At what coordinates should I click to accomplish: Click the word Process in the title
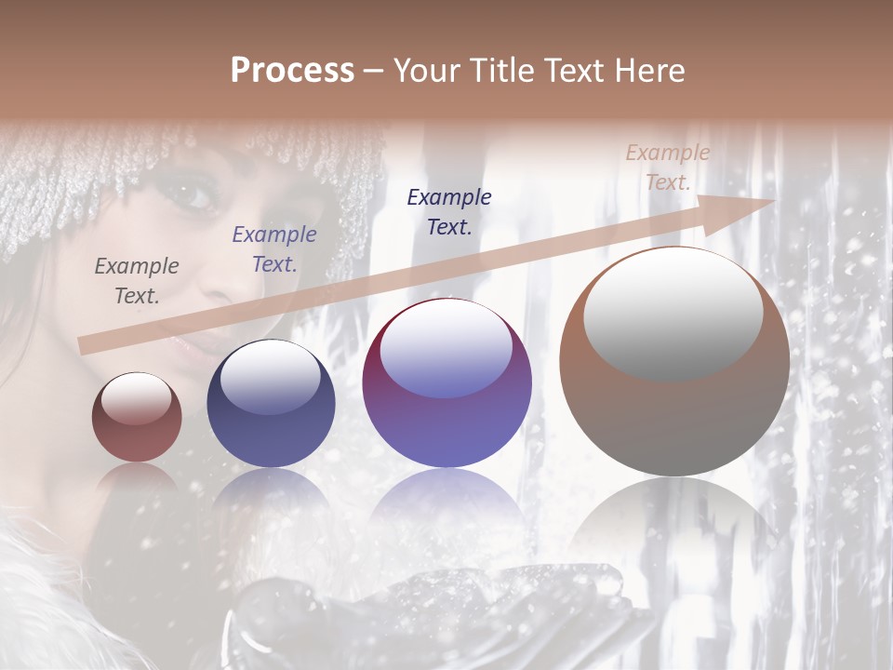pyautogui.click(x=292, y=71)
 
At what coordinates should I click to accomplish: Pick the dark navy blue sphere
pyautogui.click(x=271, y=405)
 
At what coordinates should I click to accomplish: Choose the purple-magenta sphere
pyautogui.click(x=446, y=383)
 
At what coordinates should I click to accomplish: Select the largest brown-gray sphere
pyautogui.click(x=674, y=363)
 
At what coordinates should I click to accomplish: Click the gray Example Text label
pyautogui.click(x=137, y=281)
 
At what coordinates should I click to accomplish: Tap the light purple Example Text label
pyautogui.click(x=274, y=249)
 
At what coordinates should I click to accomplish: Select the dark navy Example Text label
pyautogui.click(x=449, y=211)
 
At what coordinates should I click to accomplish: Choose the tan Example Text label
pyautogui.click(x=667, y=167)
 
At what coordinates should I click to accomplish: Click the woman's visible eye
pyautogui.click(x=193, y=196)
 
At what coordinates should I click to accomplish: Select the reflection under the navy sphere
pyautogui.click(x=271, y=498)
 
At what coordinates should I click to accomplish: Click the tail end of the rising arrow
pyautogui.click(x=86, y=345)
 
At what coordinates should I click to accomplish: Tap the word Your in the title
pyautogui.click(x=426, y=71)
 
